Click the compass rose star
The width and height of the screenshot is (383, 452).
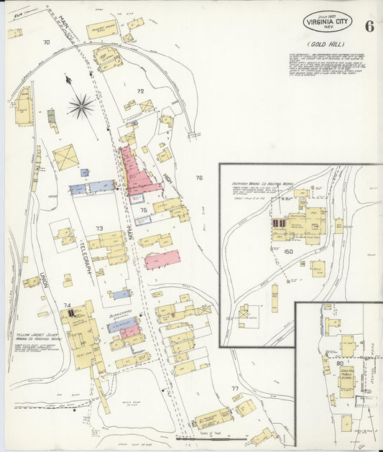(81, 107)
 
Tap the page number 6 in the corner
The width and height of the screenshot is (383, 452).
(369, 27)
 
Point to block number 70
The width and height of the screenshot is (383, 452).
(46, 42)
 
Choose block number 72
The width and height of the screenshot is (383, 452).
(141, 91)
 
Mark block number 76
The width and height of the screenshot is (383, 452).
(199, 177)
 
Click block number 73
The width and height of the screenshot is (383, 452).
(100, 228)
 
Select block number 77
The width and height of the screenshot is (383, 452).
(234, 389)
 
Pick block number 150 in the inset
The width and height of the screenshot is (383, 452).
(289, 252)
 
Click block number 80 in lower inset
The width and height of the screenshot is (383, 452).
(338, 363)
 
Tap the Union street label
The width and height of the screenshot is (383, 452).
(43, 277)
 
